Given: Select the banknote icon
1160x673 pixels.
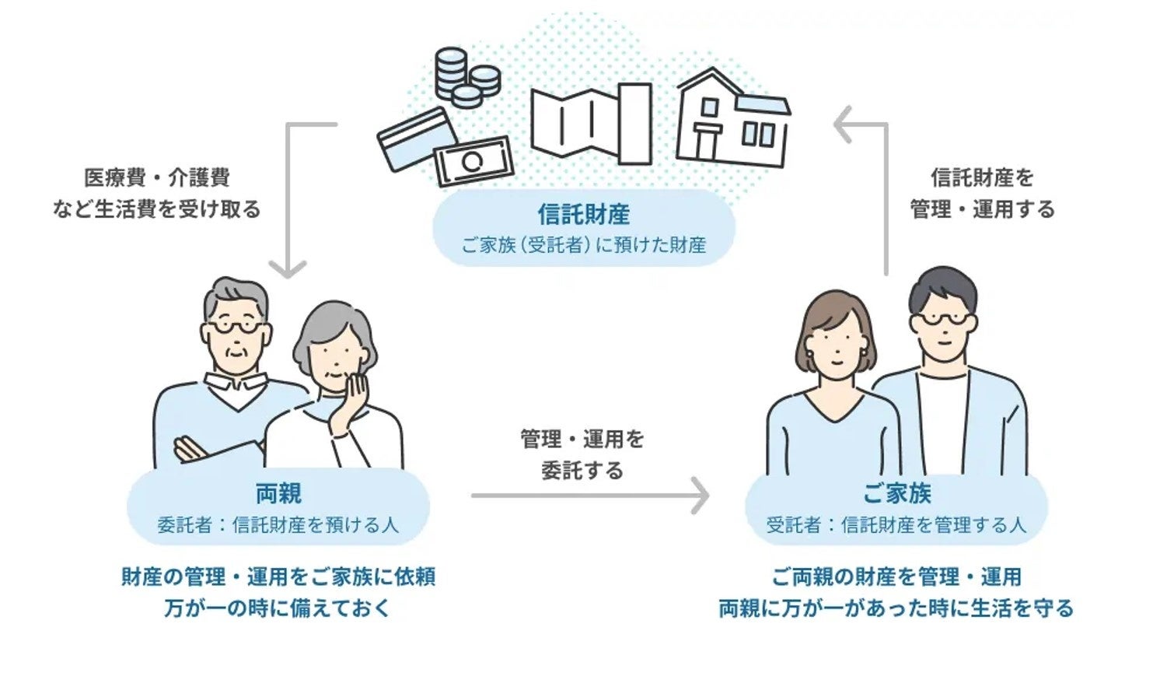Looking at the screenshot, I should tap(473, 161).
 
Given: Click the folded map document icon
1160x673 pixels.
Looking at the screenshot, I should tap(591, 124).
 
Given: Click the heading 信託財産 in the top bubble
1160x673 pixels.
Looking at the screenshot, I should tap(583, 214).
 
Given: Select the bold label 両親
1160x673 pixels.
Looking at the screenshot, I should tap(278, 493).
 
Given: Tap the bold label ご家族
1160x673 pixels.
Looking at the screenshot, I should tap(896, 493).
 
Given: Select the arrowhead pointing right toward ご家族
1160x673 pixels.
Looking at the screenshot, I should tap(701, 496).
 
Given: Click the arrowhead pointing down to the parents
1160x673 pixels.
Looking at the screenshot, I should tap(288, 268).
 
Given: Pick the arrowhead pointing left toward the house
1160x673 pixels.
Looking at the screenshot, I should tap(844, 124).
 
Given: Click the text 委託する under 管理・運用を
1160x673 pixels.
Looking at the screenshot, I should tap(582, 471).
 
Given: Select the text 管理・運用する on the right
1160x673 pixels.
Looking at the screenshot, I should tap(982, 209).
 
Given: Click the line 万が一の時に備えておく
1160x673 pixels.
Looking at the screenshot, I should tap(278, 608).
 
